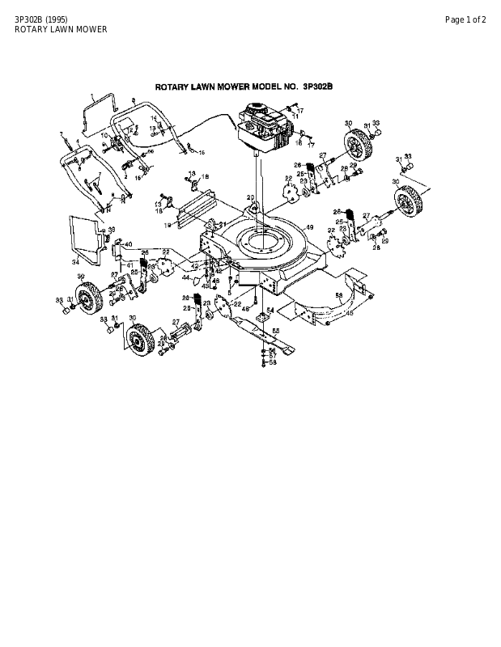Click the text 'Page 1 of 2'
click(465, 19)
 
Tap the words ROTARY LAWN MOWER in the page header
click(61, 30)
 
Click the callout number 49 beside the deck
click(309, 227)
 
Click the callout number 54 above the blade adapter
click(270, 310)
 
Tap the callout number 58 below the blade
click(273, 362)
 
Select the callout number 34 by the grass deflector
click(74, 262)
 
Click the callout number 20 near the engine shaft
click(251, 197)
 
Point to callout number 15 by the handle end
click(202, 152)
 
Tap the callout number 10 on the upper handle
click(104, 135)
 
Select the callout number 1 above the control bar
click(92, 95)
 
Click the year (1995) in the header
click(45, 19)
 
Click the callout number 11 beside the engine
click(295, 116)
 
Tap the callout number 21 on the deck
click(221, 224)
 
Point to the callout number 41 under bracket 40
click(129, 264)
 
